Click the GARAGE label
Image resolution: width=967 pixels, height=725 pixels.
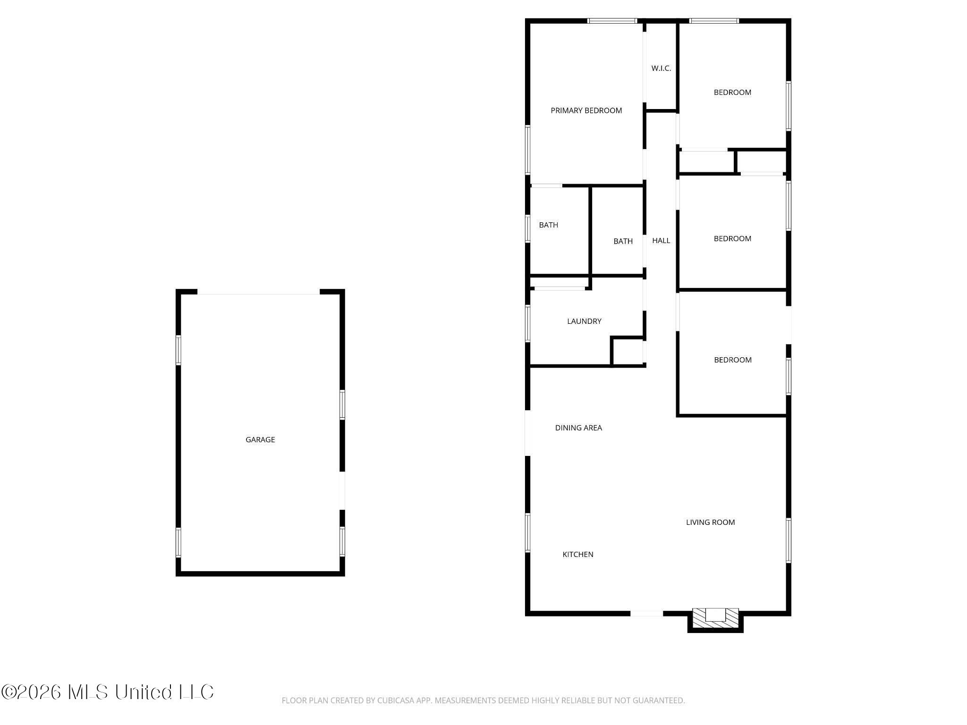tap(260, 439)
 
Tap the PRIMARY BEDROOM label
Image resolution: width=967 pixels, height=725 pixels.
tap(586, 110)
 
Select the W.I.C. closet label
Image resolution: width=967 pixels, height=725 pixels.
tap(661, 68)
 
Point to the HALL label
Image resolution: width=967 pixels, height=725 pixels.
tap(661, 241)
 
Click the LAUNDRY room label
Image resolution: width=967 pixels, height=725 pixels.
tap(584, 321)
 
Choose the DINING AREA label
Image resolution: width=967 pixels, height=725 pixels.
tap(578, 428)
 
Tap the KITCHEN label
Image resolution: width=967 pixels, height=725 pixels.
tap(577, 555)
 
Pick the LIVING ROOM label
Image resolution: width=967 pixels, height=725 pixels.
tap(710, 523)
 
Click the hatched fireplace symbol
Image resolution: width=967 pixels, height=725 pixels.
tap(715, 617)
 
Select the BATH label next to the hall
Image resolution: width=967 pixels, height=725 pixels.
tap(623, 242)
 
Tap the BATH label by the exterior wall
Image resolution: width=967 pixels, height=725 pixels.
tap(548, 225)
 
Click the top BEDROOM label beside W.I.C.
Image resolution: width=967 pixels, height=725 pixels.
tap(732, 93)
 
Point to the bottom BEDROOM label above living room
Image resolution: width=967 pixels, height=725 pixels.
tap(732, 360)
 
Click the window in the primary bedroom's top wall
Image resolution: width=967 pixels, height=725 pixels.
tap(612, 21)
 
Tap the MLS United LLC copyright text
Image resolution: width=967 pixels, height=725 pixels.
tap(108, 692)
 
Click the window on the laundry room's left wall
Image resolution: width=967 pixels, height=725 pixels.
tap(528, 323)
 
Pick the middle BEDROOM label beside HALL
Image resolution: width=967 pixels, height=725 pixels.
tap(732, 239)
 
